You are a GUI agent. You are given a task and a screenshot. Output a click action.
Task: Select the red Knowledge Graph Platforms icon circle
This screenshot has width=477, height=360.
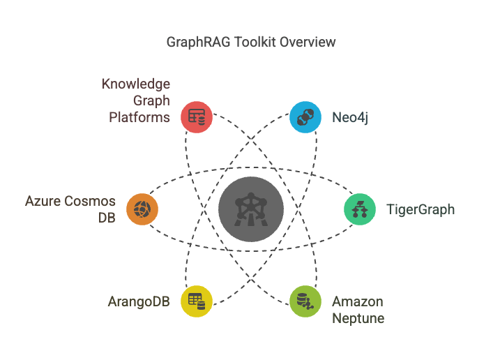197,117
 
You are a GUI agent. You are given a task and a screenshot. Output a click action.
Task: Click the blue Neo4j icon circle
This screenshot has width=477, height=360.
305,117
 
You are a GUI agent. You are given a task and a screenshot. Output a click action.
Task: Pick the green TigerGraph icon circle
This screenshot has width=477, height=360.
360,209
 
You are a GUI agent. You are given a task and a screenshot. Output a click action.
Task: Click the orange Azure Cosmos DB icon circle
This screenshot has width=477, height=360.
142,209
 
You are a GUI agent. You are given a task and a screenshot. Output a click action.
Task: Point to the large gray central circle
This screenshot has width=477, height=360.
251,209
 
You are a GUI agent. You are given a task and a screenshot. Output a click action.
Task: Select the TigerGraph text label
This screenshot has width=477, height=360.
421,209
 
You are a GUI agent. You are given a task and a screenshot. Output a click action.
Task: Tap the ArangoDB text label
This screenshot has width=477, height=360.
139,302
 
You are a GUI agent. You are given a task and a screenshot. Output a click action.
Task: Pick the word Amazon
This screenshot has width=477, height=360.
358,302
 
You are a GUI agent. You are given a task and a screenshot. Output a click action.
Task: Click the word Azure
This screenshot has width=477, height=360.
43,202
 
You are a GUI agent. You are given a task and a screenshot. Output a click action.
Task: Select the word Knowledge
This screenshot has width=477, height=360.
136,84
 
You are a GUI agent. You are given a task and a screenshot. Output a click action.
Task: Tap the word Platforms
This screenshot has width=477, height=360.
139,117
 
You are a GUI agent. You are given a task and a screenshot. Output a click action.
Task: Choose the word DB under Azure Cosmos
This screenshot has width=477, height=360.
106,218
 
